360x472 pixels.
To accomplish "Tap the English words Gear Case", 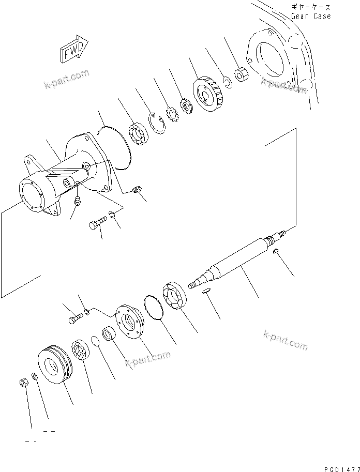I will tap(310, 16).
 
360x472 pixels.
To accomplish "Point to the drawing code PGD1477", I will tap(339, 468).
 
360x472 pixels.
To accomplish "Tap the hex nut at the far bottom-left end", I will tap(23, 383).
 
